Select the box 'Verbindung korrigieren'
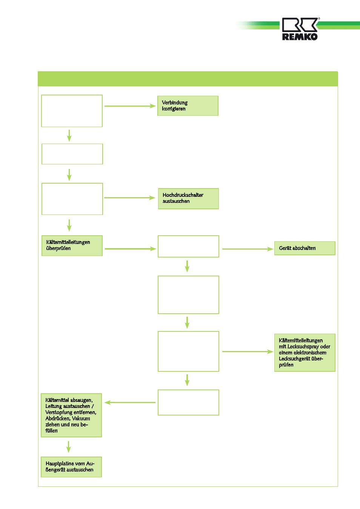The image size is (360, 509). tap(188, 106)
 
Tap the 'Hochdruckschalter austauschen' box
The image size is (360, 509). tap(188, 199)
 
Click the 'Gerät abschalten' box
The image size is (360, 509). tap(305, 248)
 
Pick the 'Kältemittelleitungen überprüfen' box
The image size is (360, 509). tap(72, 245)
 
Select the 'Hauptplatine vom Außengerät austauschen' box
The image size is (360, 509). tap(71, 467)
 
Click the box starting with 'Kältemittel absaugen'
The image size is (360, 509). tap(71, 415)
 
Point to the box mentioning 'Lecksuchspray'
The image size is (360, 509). tap(305, 353)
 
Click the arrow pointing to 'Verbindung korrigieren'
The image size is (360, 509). tap(130, 106)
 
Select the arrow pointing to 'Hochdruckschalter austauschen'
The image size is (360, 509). tap(130, 198)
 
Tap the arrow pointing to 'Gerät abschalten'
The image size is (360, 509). tap(248, 249)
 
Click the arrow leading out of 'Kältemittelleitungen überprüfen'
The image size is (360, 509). tap(131, 249)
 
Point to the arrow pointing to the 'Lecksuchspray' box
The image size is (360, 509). tap(248, 351)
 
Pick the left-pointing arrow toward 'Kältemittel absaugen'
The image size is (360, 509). tap(130, 402)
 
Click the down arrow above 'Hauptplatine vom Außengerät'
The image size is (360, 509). tap(68, 447)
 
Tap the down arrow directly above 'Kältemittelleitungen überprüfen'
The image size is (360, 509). tap(69, 225)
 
